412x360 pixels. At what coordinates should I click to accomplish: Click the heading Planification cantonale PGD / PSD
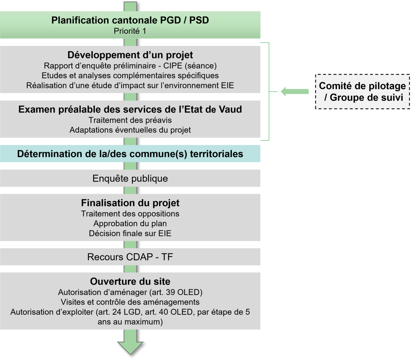[130, 20]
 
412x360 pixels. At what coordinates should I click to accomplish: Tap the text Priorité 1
[130, 31]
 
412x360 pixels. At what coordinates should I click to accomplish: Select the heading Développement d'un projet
[130, 55]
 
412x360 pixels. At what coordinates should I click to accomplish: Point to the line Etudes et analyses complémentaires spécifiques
[130, 76]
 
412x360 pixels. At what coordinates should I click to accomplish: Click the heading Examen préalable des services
[130, 109]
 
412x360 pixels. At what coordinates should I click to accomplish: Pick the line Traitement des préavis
[130, 120]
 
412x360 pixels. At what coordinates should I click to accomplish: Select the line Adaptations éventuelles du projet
[130, 130]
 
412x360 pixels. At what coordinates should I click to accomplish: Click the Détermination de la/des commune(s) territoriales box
[130, 154]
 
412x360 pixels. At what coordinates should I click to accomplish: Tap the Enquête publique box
[130, 179]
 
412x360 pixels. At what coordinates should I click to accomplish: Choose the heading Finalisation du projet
[130, 203]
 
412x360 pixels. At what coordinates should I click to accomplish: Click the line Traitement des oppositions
[130, 214]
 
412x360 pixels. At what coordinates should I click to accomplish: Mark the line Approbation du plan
[130, 224]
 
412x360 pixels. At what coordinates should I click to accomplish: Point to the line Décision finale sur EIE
[130, 234]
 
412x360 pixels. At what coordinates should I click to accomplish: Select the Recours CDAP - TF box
[130, 257]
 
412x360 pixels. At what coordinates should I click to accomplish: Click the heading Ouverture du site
[130, 281]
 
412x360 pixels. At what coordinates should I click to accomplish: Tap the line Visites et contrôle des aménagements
[130, 302]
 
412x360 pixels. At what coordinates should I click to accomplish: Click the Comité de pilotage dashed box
[362, 92]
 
